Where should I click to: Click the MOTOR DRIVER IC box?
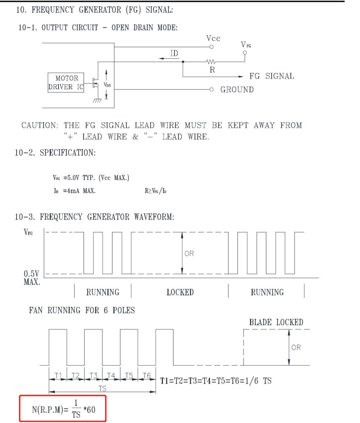point(66,83)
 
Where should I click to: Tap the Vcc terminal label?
point(213,39)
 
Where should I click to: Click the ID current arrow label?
point(174,53)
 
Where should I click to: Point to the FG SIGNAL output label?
point(271,76)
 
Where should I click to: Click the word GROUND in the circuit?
point(237,90)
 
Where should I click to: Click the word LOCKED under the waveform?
point(180,292)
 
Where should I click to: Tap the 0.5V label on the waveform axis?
point(32,274)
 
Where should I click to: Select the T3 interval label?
point(93,375)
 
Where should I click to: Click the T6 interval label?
point(146,375)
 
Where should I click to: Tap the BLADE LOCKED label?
point(276,322)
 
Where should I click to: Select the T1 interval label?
point(58,375)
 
